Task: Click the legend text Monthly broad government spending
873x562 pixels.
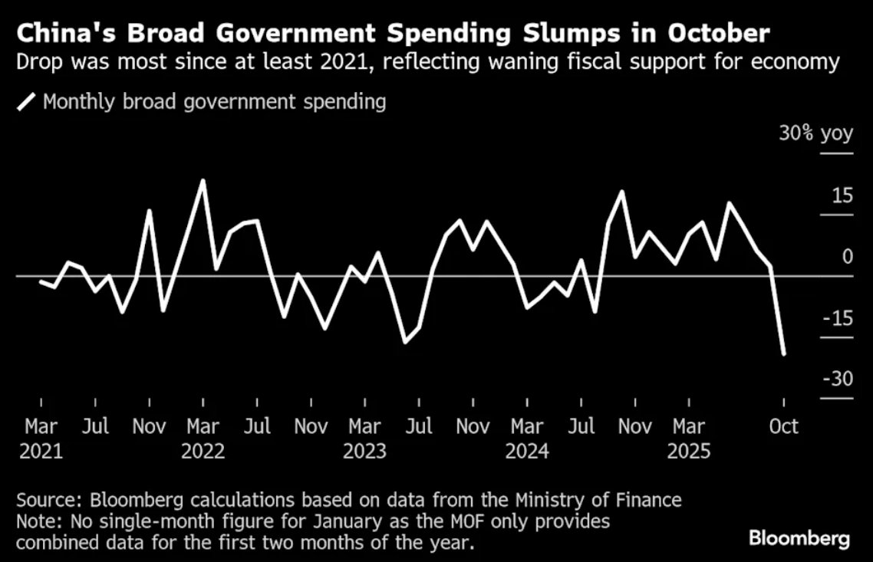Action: (214, 101)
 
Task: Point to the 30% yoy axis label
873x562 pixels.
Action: (815, 133)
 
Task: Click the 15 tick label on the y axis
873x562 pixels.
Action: (842, 196)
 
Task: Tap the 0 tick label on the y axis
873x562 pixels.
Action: (847, 257)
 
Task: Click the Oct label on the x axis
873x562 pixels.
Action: (783, 426)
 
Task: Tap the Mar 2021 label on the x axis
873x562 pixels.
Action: (41, 438)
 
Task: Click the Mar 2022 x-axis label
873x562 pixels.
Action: (203, 438)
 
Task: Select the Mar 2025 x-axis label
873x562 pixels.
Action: (689, 438)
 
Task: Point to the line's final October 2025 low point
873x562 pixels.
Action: (784, 354)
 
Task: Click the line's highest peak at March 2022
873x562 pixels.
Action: (203, 181)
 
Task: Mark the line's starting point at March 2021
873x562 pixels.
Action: (41, 282)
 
